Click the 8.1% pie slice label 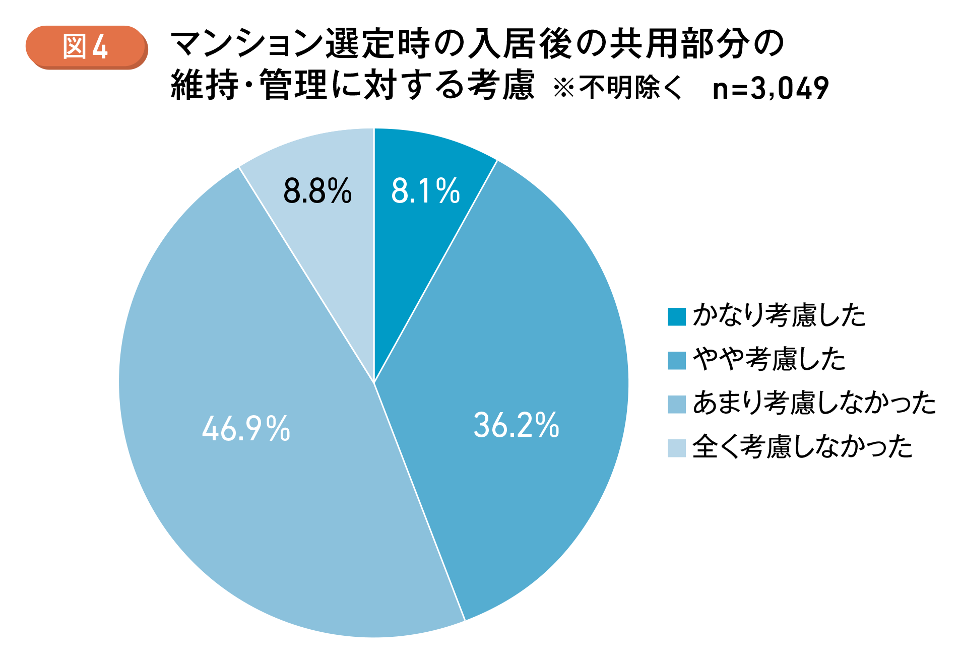pos(425,191)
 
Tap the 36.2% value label pos(516,425)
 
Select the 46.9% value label pos(246,429)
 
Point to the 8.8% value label pos(317,191)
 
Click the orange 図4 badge pos(86,47)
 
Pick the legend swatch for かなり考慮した pos(676,317)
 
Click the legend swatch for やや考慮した pos(676,360)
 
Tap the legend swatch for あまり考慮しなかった pos(676,404)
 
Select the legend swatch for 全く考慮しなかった pos(676,448)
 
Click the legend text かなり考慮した pos(779,316)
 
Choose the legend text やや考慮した pos(769,360)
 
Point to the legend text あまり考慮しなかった pos(814,404)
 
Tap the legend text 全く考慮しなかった pos(802,447)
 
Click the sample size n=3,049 pos(771,88)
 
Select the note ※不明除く pos(618,88)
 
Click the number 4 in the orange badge pos(100,48)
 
